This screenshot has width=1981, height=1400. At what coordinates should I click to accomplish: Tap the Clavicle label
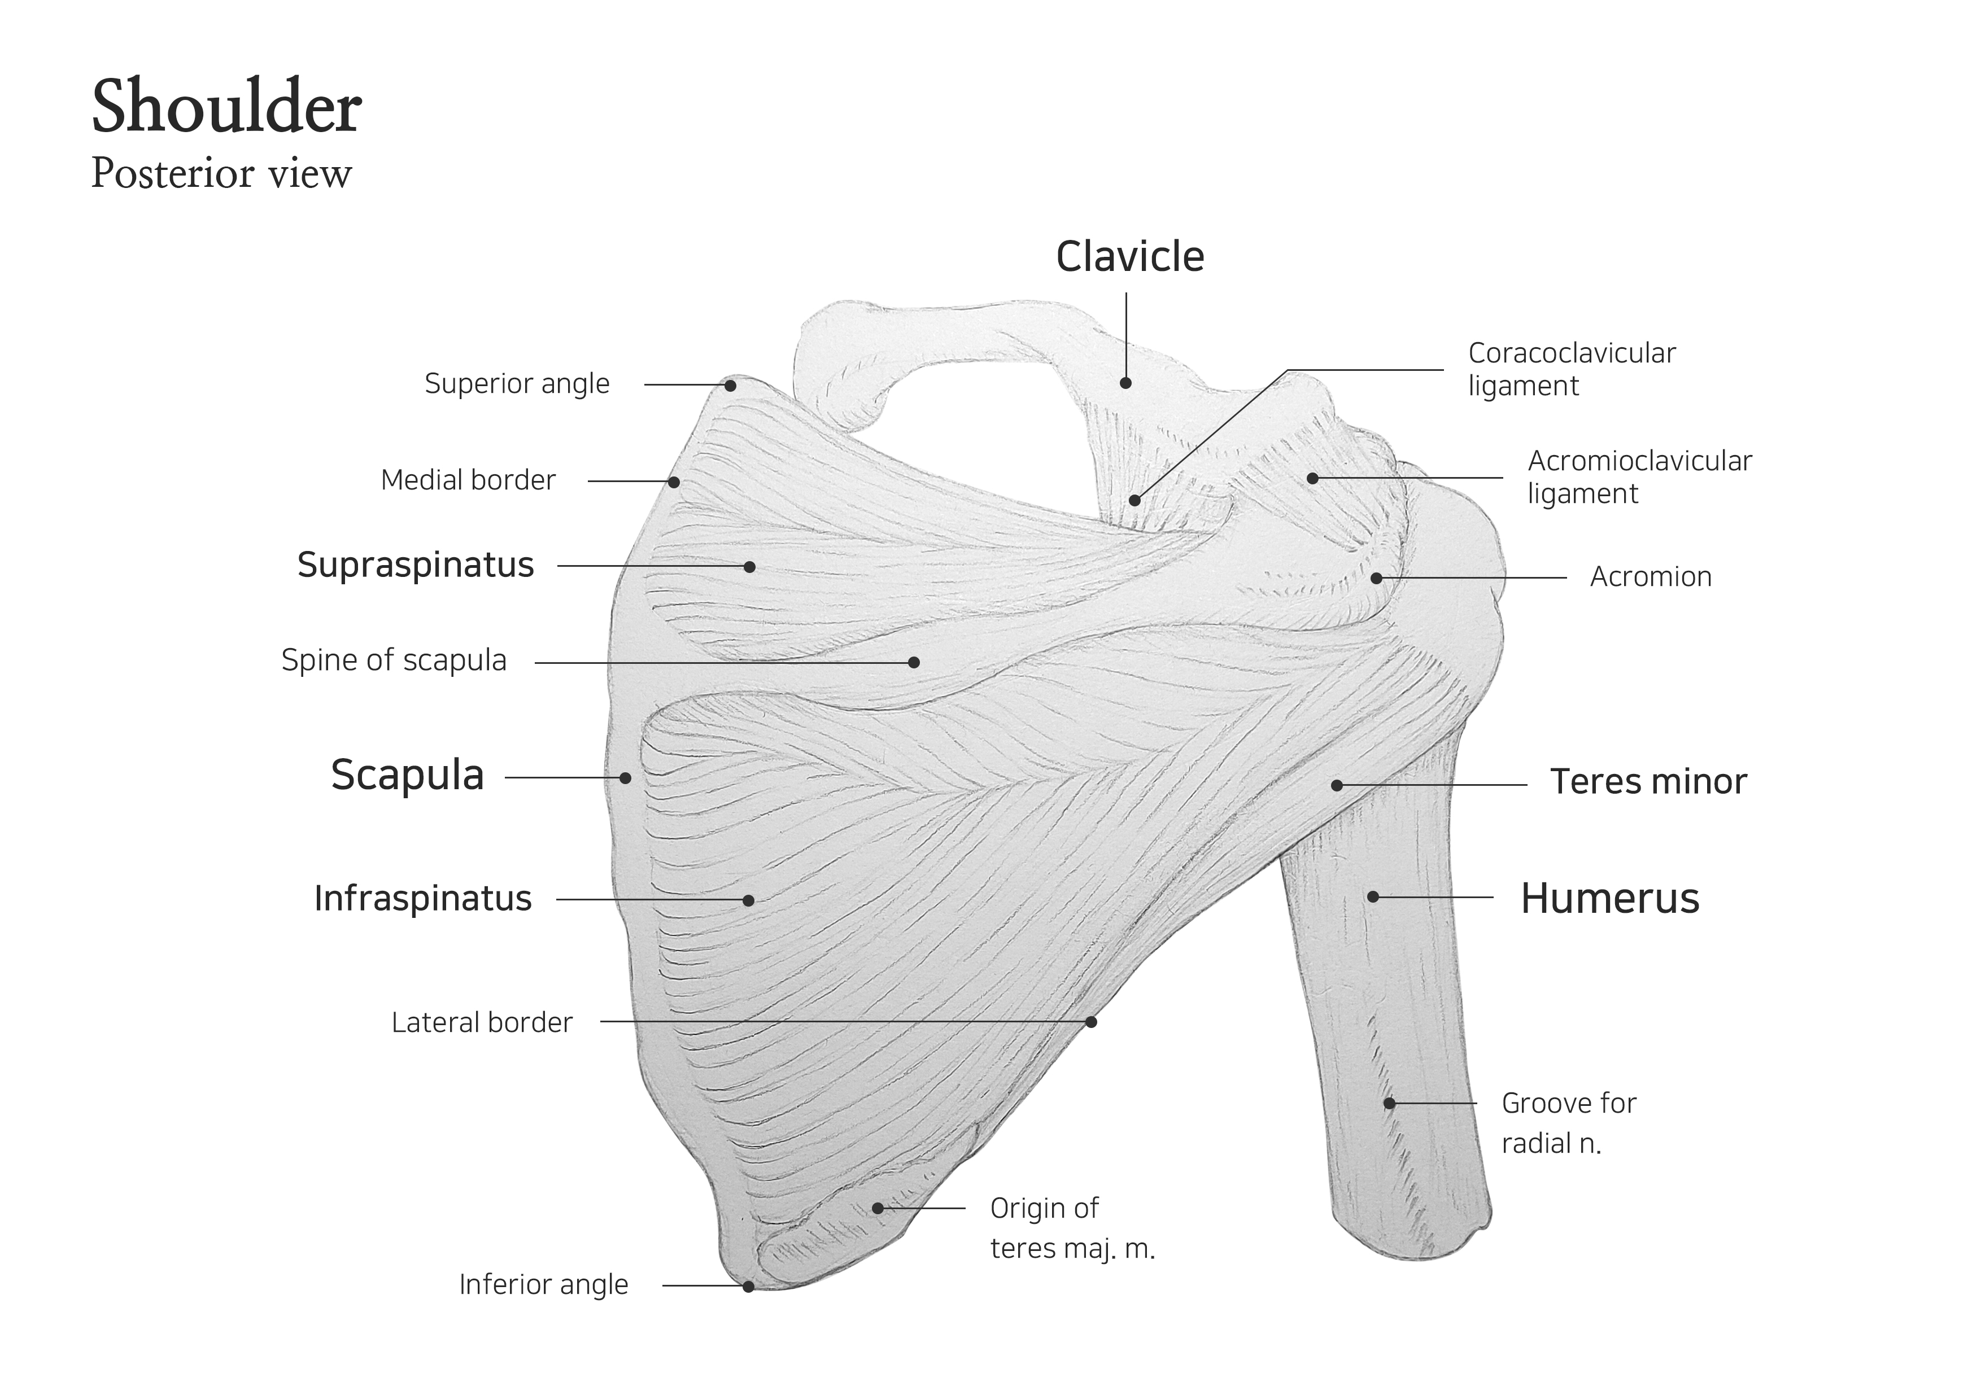(x=1129, y=257)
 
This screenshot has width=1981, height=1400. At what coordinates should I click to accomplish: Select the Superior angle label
(x=517, y=384)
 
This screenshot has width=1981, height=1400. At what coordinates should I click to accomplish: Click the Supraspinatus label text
(x=415, y=566)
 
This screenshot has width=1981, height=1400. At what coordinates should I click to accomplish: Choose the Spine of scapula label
(x=394, y=660)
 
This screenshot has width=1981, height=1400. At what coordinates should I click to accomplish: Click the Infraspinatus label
(x=423, y=899)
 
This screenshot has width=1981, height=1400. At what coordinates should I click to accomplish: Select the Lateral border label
(x=482, y=1023)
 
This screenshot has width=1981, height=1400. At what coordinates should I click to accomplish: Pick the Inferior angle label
(x=544, y=1284)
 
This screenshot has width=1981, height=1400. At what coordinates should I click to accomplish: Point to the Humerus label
(x=1609, y=899)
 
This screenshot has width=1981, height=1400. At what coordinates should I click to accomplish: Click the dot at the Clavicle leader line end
(x=1126, y=383)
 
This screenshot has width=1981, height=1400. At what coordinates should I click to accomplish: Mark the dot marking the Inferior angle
(x=748, y=1286)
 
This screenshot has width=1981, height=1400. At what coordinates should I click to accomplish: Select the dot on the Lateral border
(x=1090, y=1022)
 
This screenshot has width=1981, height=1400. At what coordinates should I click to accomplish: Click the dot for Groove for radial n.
(x=1389, y=1103)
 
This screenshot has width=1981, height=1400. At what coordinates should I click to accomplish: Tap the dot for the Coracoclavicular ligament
(x=1135, y=500)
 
